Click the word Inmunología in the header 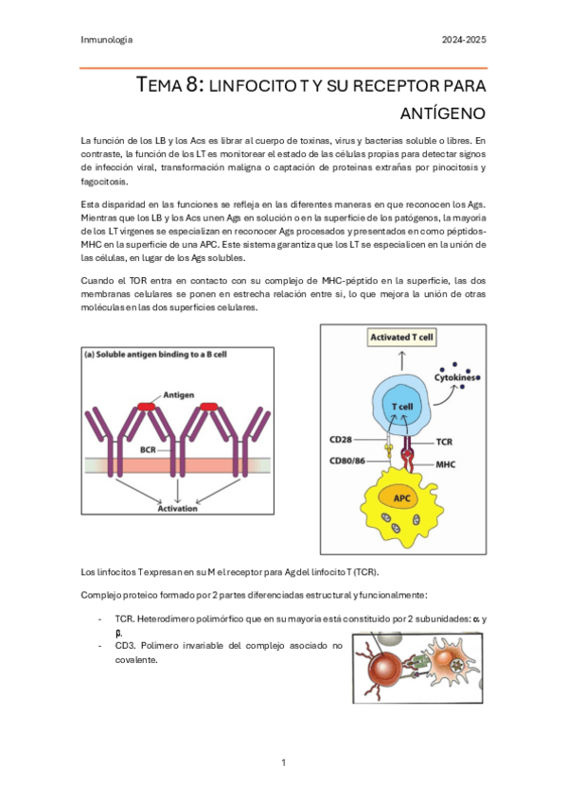[106, 40]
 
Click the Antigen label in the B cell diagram [181, 394]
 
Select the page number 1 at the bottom [283, 762]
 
